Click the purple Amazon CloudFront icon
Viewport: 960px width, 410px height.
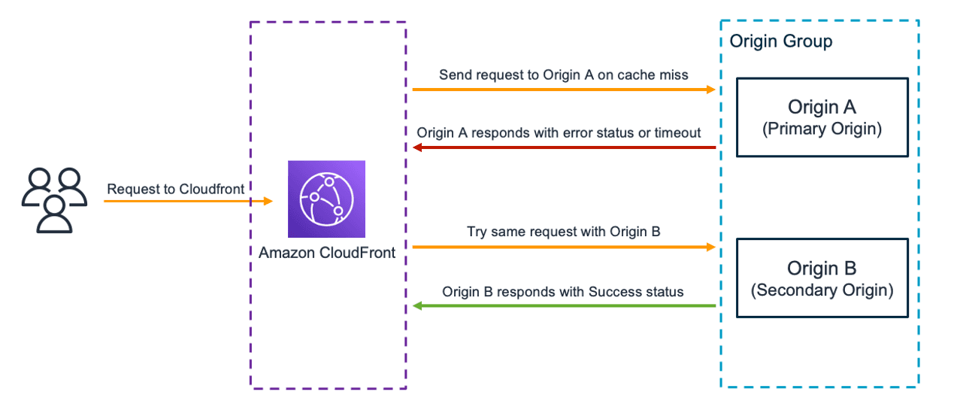326,199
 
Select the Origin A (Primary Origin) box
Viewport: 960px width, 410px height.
822,117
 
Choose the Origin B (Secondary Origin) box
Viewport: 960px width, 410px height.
822,278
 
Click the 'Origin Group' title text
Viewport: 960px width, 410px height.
781,41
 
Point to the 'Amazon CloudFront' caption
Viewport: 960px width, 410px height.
326,253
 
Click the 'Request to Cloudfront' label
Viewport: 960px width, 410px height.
176,189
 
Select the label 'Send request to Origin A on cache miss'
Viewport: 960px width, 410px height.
563,75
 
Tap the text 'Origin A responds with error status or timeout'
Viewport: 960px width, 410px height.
559,132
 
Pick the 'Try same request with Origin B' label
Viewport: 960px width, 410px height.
563,232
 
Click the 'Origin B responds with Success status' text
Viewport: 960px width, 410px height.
563,291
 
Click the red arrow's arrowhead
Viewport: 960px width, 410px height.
418,147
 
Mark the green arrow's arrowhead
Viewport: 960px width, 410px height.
418,306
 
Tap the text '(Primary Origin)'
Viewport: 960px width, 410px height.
822,129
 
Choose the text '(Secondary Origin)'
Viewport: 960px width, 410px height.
822,290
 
